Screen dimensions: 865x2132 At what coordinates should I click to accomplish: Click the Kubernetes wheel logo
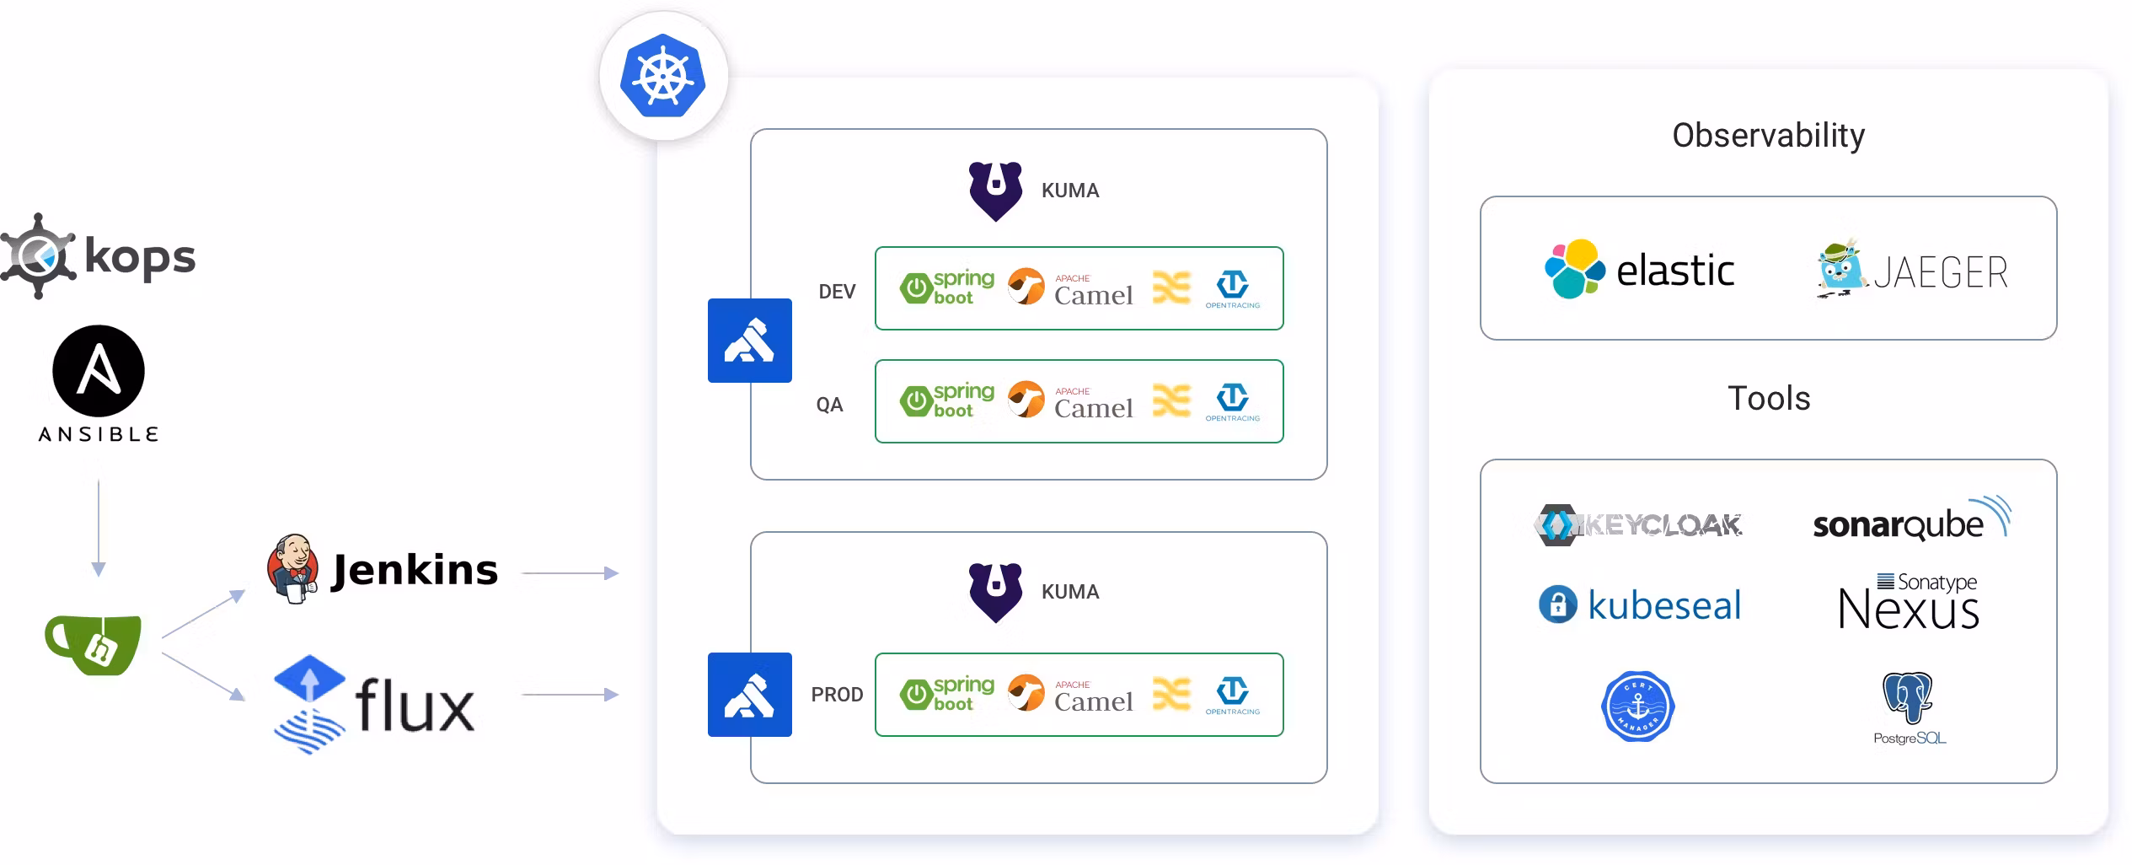pyautogui.click(x=663, y=76)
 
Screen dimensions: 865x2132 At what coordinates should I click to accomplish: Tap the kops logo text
pyautogui.click(x=140, y=257)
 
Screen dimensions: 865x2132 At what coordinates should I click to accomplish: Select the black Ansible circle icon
pyautogui.click(x=99, y=371)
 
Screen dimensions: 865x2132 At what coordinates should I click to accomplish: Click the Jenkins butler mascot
pyautogui.click(x=292, y=568)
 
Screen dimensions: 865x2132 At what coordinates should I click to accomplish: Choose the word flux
pyautogui.click(x=415, y=706)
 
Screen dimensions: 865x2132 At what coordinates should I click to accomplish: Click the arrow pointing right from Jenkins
pyautogui.click(x=570, y=573)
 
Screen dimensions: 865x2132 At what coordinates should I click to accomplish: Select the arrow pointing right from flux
pyautogui.click(x=570, y=695)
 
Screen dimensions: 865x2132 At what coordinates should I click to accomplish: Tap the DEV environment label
pyautogui.click(x=837, y=292)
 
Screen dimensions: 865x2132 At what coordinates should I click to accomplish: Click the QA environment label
pyautogui.click(x=829, y=405)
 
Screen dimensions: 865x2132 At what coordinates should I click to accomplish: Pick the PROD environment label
pyautogui.click(x=837, y=695)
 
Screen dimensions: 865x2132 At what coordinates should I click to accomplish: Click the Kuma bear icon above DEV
pyautogui.click(x=995, y=191)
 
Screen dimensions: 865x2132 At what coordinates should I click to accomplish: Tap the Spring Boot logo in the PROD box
pyautogui.click(x=947, y=694)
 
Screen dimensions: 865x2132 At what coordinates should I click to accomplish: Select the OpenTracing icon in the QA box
pyautogui.click(x=1232, y=401)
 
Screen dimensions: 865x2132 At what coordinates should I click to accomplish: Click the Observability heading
pyautogui.click(x=1768, y=136)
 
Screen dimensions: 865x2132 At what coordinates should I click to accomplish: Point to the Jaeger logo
pyautogui.click(x=1912, y=271)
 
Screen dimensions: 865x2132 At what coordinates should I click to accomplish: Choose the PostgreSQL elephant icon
pyautogui.click(x=1908, y=697)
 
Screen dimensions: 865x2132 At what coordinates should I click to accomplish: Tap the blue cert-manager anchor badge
pyautogui.click(x=1637, y=707)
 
